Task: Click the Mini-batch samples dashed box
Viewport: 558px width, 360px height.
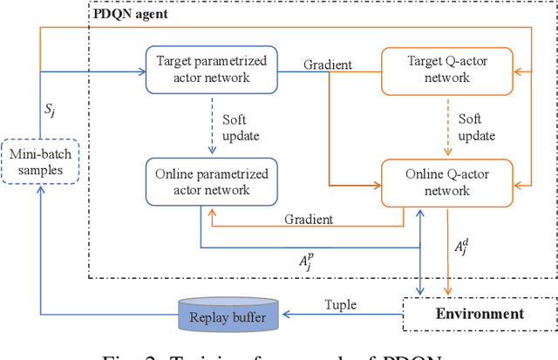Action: pos(37,161)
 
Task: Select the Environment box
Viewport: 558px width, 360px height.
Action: pos(479,314)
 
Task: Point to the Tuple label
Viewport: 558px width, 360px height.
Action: pos(342,303)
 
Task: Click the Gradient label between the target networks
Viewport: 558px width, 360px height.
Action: pos(327,65)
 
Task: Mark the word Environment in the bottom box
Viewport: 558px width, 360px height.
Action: pos(479,314)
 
